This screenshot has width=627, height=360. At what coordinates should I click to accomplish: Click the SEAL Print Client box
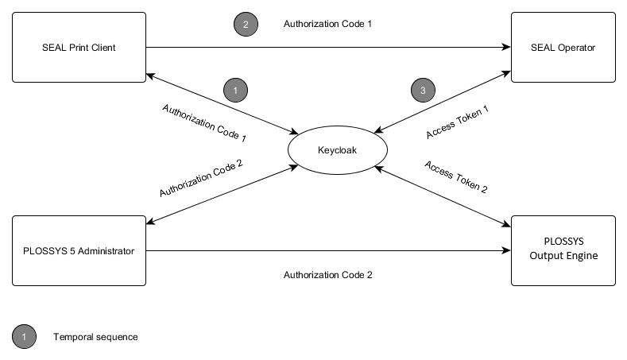click(x=79, y=48)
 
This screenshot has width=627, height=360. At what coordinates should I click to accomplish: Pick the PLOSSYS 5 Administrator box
click(x=79, y=251)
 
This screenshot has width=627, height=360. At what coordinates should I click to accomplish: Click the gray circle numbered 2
click(x=246, y=25)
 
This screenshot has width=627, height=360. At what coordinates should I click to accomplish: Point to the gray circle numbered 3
click(x=423, y=91)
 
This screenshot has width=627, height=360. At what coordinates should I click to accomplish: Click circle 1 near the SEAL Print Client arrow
click(x=235, y=91)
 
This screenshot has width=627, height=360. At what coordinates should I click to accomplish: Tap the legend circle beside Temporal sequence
click(x=24, y=337)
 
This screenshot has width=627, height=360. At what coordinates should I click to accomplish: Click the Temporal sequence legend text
click(x=95, y=337)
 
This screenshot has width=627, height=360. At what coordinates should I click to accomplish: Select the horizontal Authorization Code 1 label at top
click(x=328, y=24)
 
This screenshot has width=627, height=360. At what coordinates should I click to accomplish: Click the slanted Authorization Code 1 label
click(x=204, y=122)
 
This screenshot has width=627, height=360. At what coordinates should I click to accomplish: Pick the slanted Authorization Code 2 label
click(x=201, y=178)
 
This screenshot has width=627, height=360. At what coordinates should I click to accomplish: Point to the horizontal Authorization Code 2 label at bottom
click(x=328, y=275)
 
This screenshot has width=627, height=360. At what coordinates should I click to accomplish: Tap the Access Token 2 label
click(x=456, y=177)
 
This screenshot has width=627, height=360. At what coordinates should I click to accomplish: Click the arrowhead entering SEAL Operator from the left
click(x=506, y=48)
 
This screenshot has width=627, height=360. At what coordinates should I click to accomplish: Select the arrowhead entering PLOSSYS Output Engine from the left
click(x=506, y=251)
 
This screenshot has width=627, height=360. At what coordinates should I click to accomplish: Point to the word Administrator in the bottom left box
click(x=107, y=251)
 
